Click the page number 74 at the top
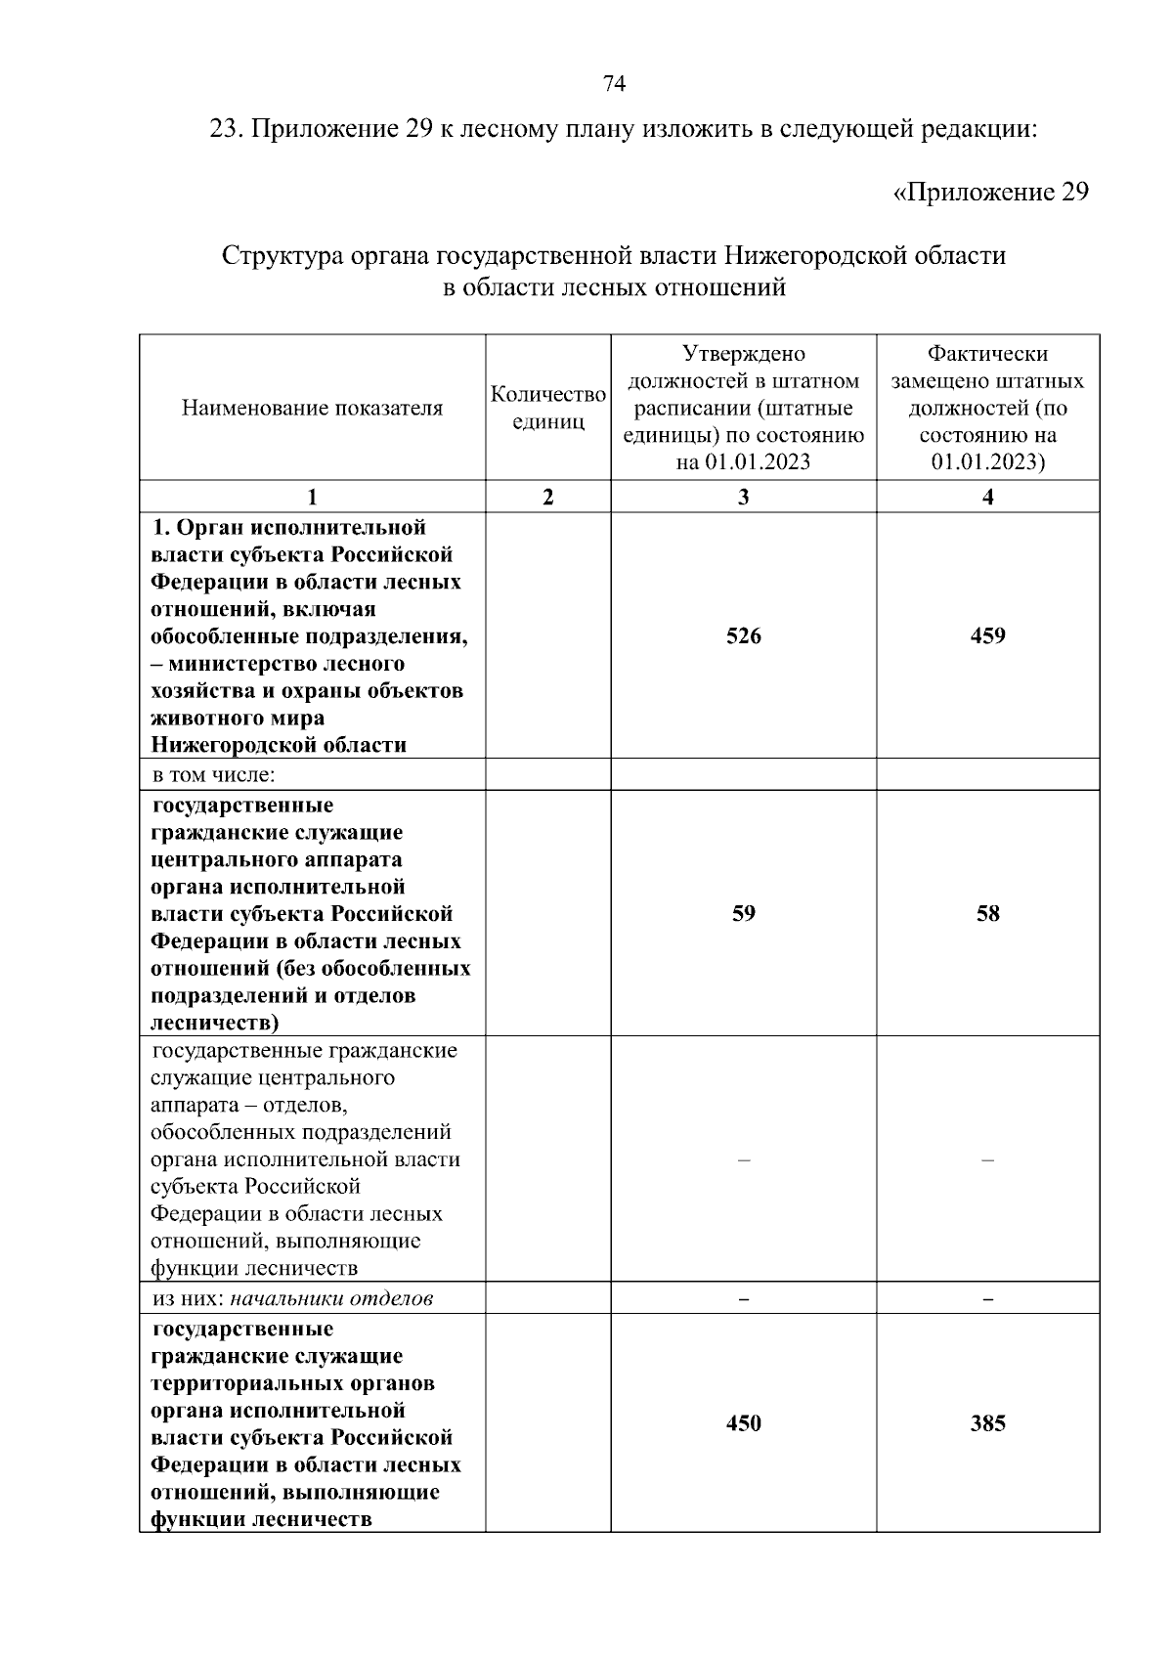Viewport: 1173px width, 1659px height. click(615, 84)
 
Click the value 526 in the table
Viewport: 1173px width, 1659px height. click(743, 636)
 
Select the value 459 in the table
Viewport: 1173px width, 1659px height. click(987, 636)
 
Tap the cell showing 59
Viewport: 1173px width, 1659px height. click(743, 914)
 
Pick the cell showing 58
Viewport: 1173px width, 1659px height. click(987, 914)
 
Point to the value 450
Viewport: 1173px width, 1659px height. click(743, 1423)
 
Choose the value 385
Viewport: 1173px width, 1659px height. click(987, 1423)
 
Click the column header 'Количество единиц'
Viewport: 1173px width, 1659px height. click(547, 408)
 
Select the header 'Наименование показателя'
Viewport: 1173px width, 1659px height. click(312, 409)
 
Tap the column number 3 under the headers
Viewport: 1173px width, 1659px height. click(743, 497)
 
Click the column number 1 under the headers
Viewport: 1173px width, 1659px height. click(312, 497)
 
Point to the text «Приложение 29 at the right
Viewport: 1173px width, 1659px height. click(990, 192)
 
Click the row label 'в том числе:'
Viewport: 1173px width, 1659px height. click(213, 775)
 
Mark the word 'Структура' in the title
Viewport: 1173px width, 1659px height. click(271, 256)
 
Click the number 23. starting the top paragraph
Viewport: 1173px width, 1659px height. click(228, 129)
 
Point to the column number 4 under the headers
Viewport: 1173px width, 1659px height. click(987, 497)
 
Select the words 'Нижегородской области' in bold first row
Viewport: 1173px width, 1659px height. click(278, 746)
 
